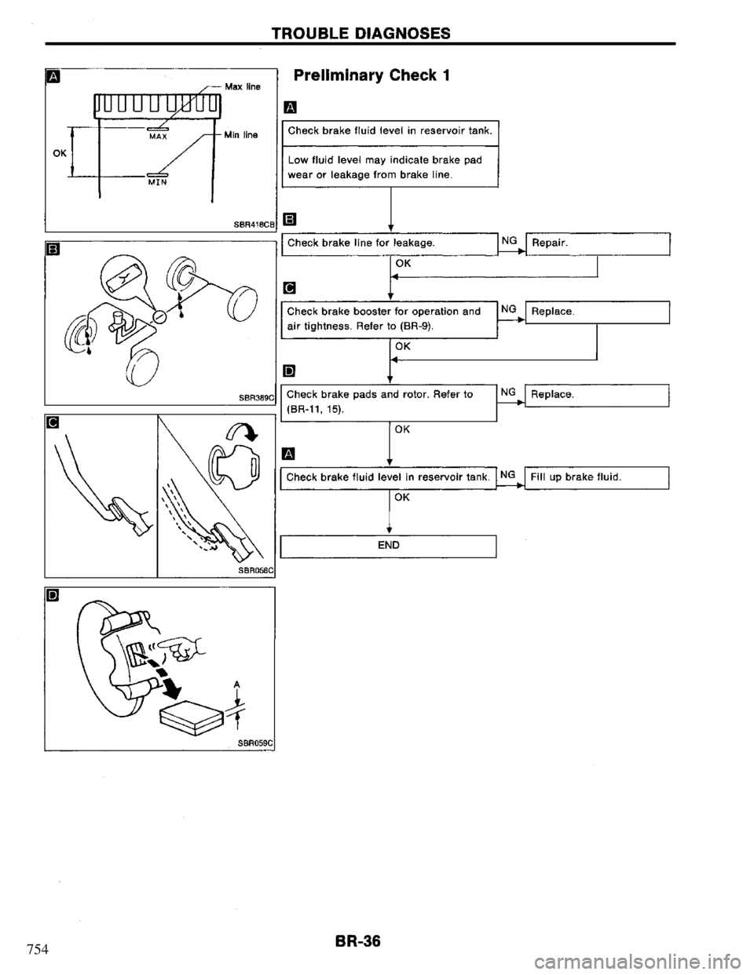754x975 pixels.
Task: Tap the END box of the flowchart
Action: pyautogui.click(x=388, y=545)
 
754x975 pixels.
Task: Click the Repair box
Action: pyautogui.click(x=597, y=245)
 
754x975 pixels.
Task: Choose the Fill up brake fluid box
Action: pyautogui.click(x=597, y=477)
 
